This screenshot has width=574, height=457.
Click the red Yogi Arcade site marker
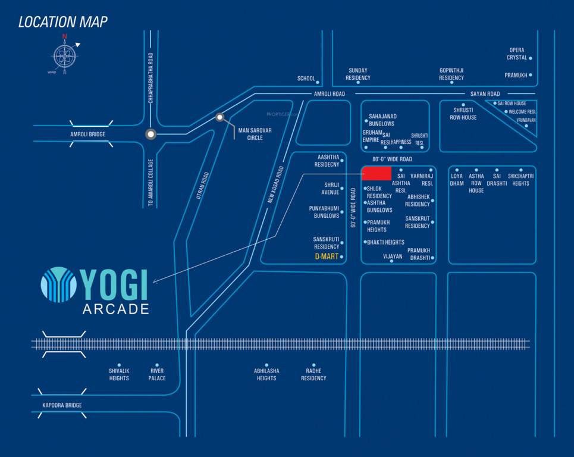point(377,173)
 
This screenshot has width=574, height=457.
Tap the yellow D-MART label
point(327,256)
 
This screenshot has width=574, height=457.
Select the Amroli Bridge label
point(87,134)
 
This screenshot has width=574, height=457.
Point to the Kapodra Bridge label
point(62,405)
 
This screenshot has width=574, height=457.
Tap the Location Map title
point(63,23)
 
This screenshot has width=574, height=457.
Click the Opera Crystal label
point(517,54)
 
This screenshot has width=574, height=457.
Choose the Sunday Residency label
point(358,74)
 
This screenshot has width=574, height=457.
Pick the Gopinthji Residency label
point(451,74)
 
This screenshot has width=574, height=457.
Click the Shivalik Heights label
point(119,374)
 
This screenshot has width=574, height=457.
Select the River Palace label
point(157,374)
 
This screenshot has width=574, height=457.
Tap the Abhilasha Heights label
point(266,374)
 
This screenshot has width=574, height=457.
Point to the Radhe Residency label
point(313,374)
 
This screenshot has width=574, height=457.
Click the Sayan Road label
point(485,94)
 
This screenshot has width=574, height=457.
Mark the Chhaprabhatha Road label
point(151,77)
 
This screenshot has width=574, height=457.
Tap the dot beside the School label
point(318,83)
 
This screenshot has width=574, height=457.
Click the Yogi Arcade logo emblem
point(59,284)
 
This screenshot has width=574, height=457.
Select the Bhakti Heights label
point(385,242)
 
